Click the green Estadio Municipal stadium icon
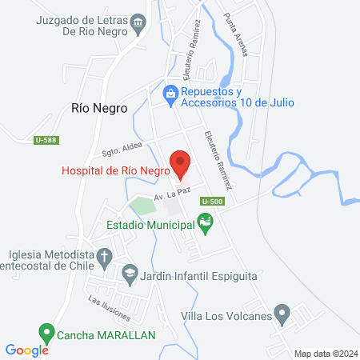(205, 226)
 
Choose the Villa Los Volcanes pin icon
(281, 312)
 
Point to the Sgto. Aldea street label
(122, 148)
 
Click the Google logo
(26, 350)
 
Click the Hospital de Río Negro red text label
(116, 170)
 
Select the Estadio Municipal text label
(151, 226)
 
